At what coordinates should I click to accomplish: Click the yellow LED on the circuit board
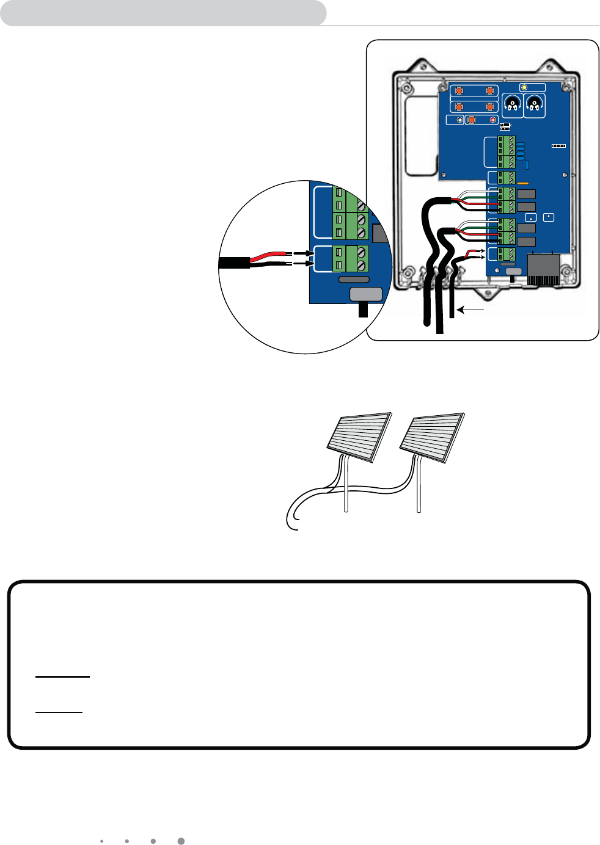click(x=524, y=88)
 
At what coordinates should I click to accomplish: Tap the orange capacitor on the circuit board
click(x=522, y=183)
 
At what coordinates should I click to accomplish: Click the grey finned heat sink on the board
click(x=543, y=270)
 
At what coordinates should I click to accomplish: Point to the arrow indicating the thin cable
click(x=470, y=310)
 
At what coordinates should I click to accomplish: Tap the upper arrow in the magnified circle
click(x=304, y=253)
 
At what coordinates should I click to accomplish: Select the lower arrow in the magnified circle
click(x=304, y=263)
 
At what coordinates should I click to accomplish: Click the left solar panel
click(x=360, y=437)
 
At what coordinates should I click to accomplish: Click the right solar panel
click(x=432, y=437)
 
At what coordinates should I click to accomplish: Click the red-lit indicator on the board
click(x=494, y=120)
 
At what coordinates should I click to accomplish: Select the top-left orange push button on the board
click(x=459, y=91)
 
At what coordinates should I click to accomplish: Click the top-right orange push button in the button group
click(x=489, y=91)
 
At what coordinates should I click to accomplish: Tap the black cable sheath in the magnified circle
click(x=234, y=263)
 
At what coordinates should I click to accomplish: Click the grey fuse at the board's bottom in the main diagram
click(x=514, y=271)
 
